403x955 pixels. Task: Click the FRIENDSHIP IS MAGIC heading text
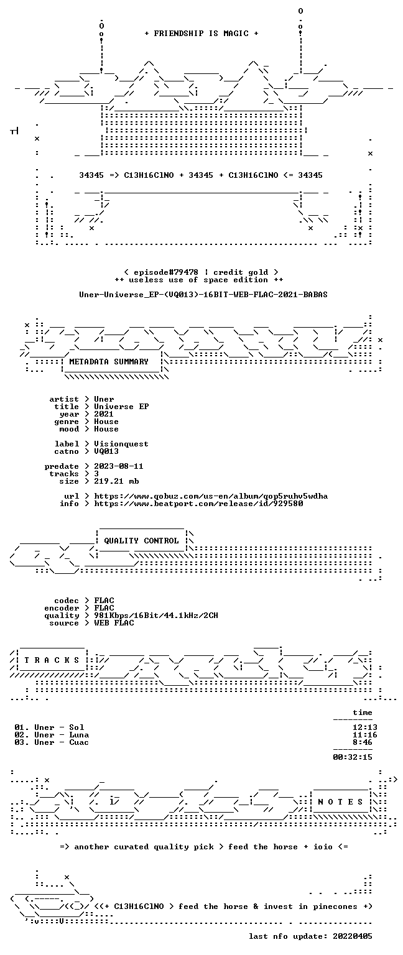[201, 33]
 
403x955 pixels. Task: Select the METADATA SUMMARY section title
[109, 361]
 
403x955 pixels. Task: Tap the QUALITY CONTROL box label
[141, 540]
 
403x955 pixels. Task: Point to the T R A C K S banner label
[52, 660]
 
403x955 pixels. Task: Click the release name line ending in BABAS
[203, 295]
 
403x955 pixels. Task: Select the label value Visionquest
[121, 444]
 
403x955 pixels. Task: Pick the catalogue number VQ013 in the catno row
[106, 451]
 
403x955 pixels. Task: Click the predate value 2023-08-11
[119, 466]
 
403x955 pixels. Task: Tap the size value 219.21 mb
[116, 481]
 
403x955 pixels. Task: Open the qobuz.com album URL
[211, 496]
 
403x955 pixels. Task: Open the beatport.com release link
[199, 504]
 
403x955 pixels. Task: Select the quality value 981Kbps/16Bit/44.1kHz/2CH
[156, 615]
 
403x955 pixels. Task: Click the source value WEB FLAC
[114, 623]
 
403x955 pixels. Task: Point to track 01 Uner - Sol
[49, 727]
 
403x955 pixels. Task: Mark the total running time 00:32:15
[353, 757]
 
